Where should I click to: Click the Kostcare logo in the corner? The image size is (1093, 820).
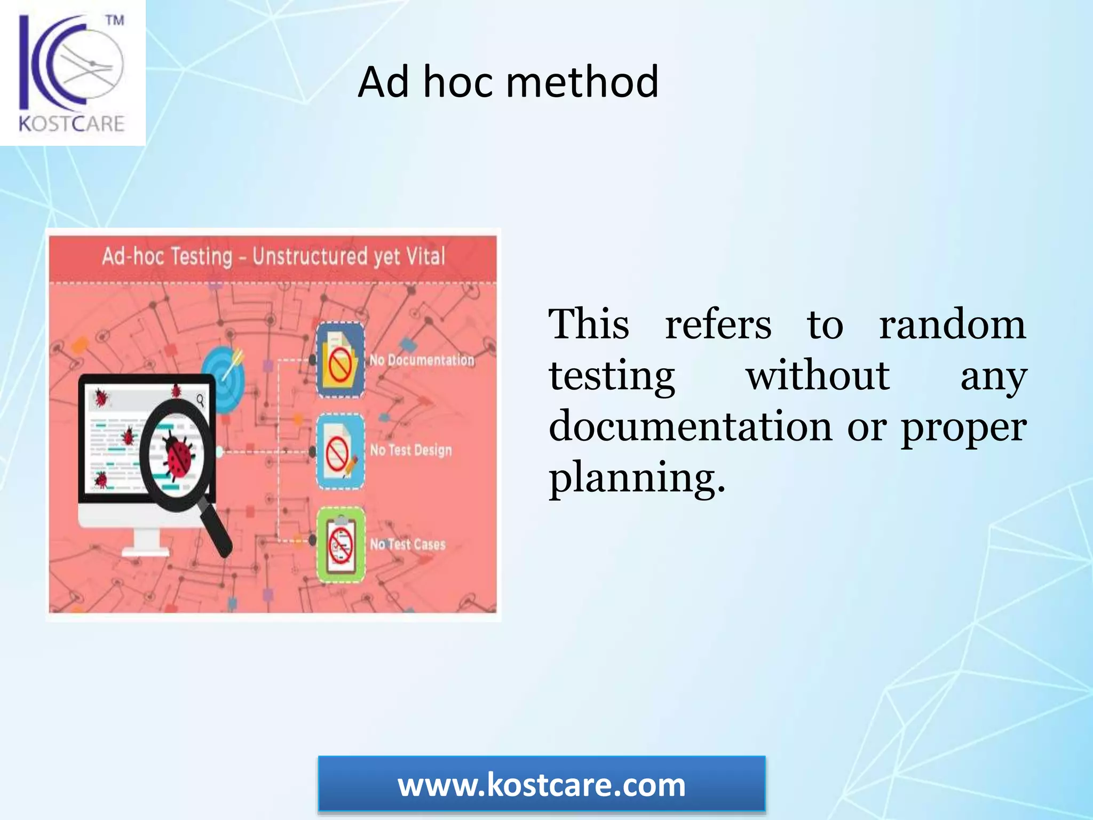pos(72,73)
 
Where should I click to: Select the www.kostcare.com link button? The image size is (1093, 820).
pos(541,785)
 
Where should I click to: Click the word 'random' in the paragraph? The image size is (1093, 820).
pos(952,324)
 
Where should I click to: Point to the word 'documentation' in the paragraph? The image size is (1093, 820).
pos(690,427)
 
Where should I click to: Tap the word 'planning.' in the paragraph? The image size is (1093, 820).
pos(637,477)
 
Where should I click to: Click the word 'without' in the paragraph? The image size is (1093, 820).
pos(818,375)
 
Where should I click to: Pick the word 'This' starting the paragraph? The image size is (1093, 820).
pos(589,324)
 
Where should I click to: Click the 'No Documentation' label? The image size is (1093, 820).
pos(422,360)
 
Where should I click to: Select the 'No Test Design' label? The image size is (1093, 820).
pos(411,450)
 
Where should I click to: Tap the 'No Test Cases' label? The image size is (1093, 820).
pos(408,544)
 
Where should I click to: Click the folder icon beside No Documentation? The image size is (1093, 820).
pos(340,360)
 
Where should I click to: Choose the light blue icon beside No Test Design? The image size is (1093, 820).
pos(340,452)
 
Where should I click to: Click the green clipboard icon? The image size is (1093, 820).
pos(341,545)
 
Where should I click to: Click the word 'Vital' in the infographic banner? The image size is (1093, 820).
pos(425,256)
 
